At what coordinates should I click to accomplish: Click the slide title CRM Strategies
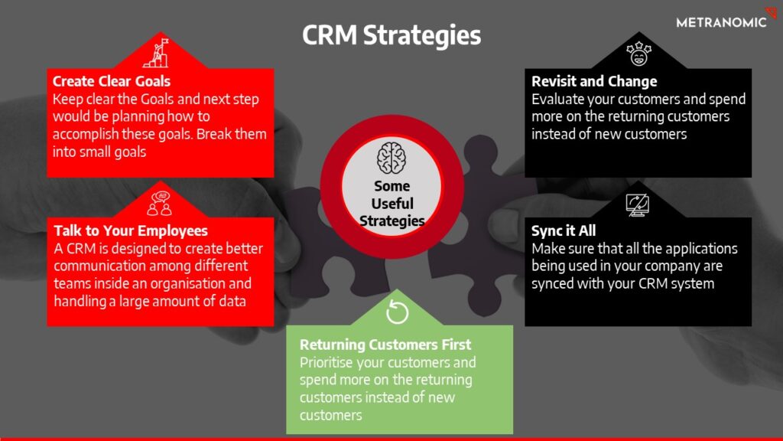pos(391,35)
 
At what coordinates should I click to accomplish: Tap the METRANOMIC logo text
pos(721,22)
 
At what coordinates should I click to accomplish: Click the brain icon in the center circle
pos(391,158)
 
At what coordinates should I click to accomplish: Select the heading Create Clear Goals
pos(112,81)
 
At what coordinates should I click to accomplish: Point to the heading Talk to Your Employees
pos(131,230)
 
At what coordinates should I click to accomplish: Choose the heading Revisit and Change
pos(594,81)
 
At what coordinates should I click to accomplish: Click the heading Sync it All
pos(564,230)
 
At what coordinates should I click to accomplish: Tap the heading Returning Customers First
pos(385,345)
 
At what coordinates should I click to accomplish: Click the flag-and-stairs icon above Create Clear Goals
pos(157,53)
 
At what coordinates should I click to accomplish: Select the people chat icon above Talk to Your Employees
pos(160,203)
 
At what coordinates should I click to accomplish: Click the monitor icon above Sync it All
pos(637,205)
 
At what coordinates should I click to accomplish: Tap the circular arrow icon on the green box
pos(398,312)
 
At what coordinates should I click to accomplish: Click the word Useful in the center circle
pos(392,204)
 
